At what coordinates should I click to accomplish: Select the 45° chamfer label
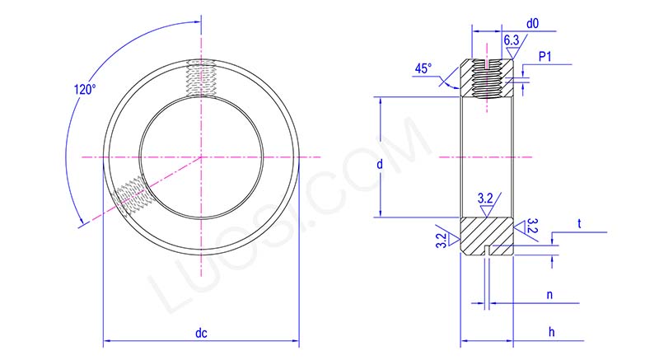pyautogui.click(x=423, y=70)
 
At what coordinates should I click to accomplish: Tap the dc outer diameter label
pyautogui.click(x=200, y=334)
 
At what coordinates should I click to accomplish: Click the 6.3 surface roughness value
pyautogui.click(x=511, y=40)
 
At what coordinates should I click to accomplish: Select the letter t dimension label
pyautogui.click(x=579, y=223)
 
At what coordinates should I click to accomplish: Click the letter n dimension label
pyautogui.click(x=549, y=293)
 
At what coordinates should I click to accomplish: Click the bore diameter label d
pyautogui.click(x=379, y=165)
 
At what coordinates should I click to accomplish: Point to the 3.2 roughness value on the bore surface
pyautogui.click(x=486, y=198)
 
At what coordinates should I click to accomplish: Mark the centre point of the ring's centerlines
pyautogui.click(x=200, y=157)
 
